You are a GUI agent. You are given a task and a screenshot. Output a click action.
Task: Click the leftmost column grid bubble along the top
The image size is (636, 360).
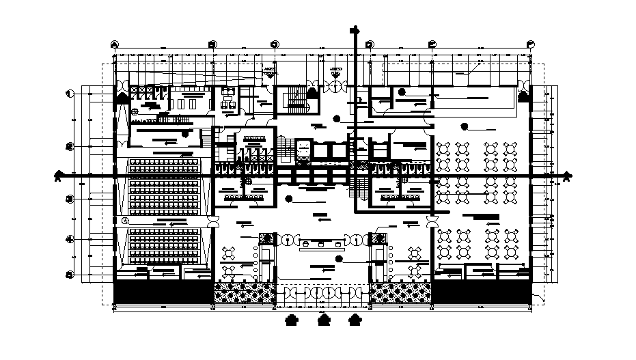point(113,43)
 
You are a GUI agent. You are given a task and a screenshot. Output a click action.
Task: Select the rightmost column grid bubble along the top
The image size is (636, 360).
point(530,43)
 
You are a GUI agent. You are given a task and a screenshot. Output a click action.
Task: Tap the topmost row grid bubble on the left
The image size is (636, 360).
point(69,94)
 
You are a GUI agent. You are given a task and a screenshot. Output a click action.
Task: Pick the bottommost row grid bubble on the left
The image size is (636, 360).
point(69,274)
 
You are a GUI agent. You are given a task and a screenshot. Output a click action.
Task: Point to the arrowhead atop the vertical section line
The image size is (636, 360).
point(354,29)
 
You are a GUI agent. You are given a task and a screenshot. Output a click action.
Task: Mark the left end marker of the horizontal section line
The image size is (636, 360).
point(60,176)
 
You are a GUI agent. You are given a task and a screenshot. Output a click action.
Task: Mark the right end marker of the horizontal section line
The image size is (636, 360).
point(566,176)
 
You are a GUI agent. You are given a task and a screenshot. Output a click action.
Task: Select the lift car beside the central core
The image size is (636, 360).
point(301,150)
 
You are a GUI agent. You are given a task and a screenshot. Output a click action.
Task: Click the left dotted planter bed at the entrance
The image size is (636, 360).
point(245,294)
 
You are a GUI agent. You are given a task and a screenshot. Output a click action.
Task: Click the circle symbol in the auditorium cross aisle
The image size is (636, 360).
point(125,221)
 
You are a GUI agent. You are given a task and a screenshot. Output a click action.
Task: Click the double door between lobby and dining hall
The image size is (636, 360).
point(432,222)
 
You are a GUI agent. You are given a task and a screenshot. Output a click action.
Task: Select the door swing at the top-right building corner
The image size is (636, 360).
point(525,89)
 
